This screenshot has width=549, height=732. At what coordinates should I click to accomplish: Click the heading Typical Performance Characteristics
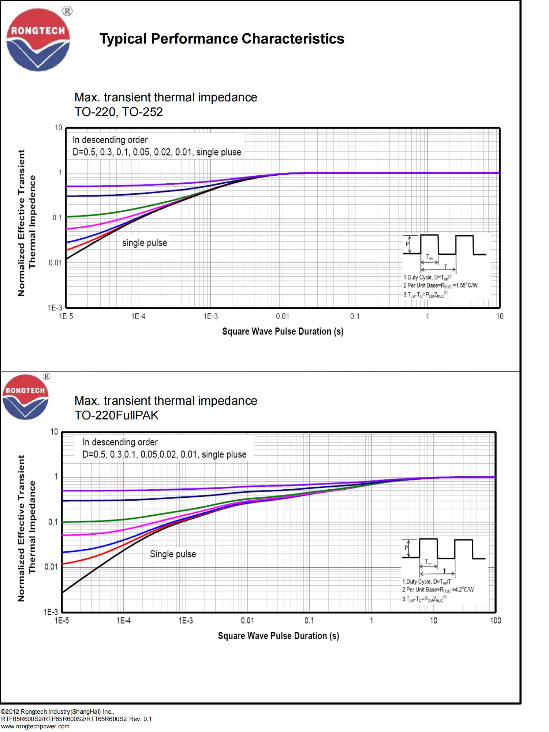222,39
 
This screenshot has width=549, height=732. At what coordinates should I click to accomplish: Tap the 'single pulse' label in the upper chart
144,243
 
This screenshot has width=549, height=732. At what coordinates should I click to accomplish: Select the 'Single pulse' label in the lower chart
173,554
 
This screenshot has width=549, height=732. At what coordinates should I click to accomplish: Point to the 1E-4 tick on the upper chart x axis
138,316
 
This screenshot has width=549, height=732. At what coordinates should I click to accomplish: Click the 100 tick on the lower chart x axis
495,620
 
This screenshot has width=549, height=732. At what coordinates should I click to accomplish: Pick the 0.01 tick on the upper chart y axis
56,263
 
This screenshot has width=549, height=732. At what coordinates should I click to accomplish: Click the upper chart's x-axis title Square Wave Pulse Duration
283,332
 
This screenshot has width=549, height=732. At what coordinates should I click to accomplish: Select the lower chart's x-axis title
278,636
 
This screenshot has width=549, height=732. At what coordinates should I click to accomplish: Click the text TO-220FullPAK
116,415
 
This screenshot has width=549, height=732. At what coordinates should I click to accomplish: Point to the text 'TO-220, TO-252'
119,112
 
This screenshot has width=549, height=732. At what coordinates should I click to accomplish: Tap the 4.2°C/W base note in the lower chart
438,590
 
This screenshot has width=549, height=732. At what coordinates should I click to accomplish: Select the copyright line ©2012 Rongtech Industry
58,712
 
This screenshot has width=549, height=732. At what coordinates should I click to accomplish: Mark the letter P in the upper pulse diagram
407,243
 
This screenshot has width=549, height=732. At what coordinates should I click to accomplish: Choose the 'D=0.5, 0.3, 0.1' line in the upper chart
157,152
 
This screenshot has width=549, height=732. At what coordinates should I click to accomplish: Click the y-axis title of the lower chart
26,528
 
